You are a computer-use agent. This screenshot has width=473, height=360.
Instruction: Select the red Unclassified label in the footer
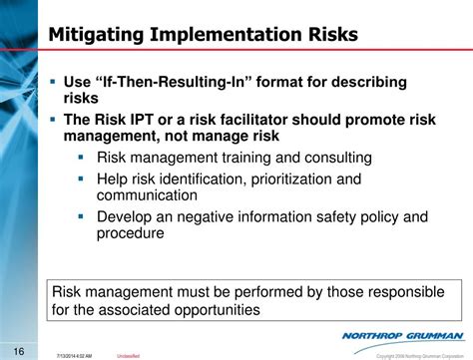point(129,353)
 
